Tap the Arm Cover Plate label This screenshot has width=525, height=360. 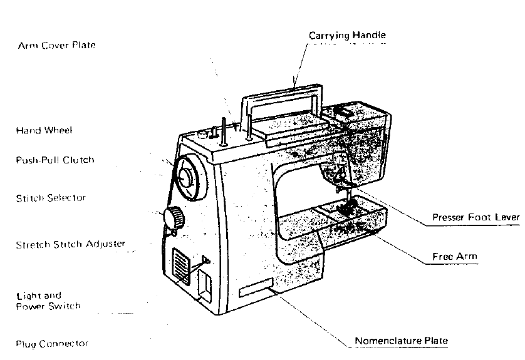click(57, 46)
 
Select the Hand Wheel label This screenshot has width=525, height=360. click(44, 131)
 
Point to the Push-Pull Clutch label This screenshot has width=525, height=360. click(55, 160)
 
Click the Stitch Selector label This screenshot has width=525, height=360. click(51, 198)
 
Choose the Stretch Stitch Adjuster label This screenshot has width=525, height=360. click(70, 244)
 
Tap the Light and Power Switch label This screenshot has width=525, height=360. click(48, 301)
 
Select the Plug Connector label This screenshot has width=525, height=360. click(52, 344)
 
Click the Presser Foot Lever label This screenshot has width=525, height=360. click(476, 218)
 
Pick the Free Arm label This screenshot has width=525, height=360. click(455, 257)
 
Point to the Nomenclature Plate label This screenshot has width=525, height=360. click(402, 341)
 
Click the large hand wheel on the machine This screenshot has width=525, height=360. click(186, 177)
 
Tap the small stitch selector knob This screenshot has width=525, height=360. click(174, 218)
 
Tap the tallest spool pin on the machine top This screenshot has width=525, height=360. click(248, 122)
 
